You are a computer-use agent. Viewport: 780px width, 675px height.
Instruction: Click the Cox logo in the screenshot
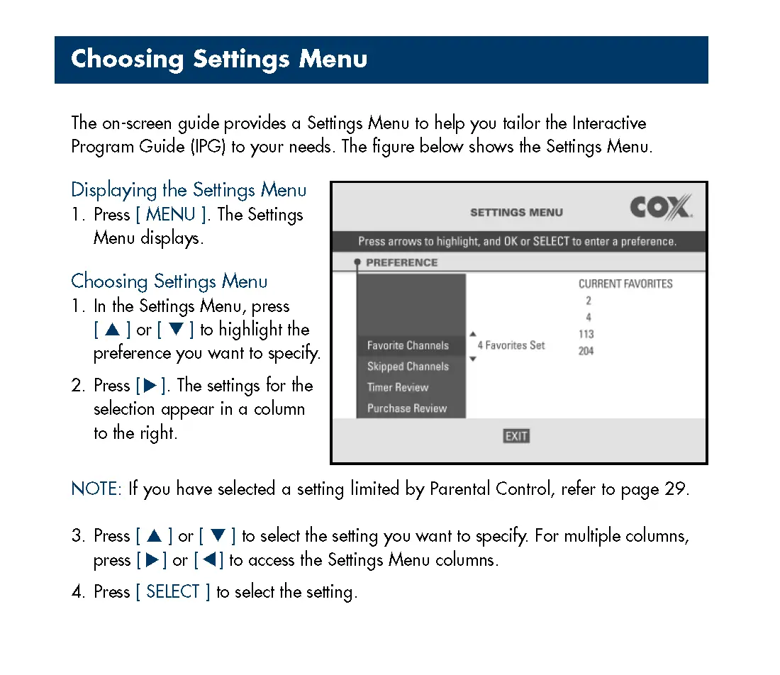[660, 208]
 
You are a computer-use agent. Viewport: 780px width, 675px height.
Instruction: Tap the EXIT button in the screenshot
[516, 436]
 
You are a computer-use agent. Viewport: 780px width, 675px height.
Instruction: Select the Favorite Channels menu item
[408, 345]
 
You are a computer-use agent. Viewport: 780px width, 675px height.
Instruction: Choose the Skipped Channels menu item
[408, 367]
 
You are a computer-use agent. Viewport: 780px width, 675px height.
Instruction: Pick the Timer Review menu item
[398, 387]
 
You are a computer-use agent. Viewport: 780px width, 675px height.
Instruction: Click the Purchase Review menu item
[407, 408]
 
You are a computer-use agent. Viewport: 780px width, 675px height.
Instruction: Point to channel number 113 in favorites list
[586, 334]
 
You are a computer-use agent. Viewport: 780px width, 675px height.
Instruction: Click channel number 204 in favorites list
[586, 351]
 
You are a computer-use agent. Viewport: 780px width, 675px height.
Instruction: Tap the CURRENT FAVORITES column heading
[625, 284]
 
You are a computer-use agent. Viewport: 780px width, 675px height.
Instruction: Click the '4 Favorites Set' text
[511, 345]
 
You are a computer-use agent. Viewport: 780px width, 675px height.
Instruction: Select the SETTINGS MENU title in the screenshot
[516, 212]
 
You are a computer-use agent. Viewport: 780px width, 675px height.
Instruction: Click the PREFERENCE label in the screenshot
[401, 262]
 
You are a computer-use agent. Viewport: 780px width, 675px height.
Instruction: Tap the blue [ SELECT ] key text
[173, 592]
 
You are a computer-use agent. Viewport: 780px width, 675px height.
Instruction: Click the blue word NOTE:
[97, 489]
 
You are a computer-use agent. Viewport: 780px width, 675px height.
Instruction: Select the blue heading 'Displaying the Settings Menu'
[189, 190]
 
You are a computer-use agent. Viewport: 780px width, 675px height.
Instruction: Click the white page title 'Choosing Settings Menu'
[219, 59]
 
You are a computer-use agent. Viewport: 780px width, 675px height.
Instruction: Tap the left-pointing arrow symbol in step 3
[209, 560]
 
